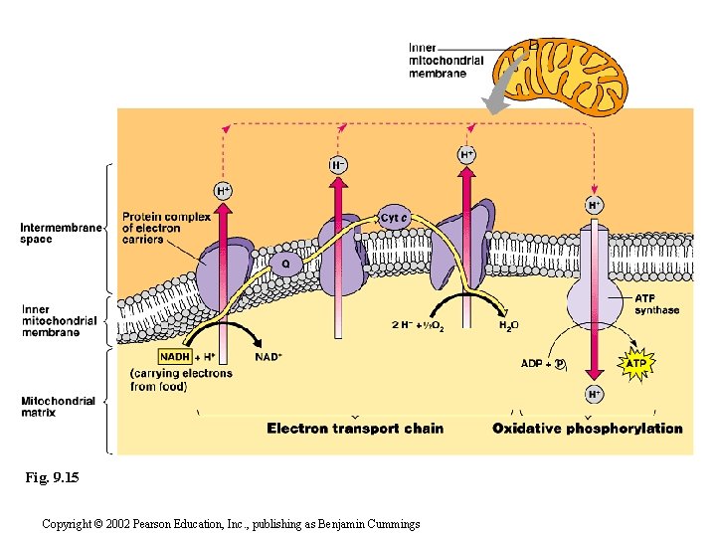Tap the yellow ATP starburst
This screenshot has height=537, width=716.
pos(636,364)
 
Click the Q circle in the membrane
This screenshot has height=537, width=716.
pos(285,265)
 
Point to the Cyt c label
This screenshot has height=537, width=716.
pos(395,217)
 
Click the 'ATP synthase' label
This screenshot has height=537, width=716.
pos(657,304)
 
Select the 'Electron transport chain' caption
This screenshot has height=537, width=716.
pos(355,429)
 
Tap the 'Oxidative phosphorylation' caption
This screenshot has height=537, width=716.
pos(588,429)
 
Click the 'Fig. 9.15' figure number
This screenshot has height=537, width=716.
pos(52,478)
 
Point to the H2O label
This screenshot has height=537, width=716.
pos(508,325)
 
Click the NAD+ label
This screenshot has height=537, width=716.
pos(268,357)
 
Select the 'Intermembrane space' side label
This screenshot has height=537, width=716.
pos(61,234)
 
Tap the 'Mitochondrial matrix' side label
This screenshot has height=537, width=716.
pos(59,407)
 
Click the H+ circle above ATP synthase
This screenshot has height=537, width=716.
pos(594,205)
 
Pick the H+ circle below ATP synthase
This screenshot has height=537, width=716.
pos(594,394)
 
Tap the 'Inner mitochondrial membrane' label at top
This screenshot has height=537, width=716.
pos(447,61)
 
